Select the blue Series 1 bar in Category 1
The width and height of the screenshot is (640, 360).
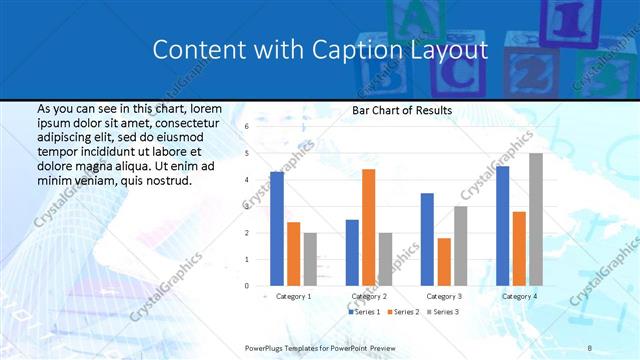(277, 229)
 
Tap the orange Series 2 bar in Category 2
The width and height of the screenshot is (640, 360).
(368, 227)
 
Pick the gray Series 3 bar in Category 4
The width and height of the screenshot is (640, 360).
(536, 219)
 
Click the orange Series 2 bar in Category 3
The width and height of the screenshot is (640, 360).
(444, 262)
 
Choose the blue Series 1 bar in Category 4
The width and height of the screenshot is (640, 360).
(502, 226)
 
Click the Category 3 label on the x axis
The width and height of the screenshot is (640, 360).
(443, 297)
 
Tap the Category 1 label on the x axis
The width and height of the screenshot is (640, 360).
(293, 297)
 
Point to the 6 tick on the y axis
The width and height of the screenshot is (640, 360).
(246, 127)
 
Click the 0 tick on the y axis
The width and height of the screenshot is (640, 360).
(246, 286)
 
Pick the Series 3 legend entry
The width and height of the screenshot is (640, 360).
(442, 313)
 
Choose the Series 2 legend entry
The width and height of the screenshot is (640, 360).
(403, 313)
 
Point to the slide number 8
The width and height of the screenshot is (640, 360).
(590, 347)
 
